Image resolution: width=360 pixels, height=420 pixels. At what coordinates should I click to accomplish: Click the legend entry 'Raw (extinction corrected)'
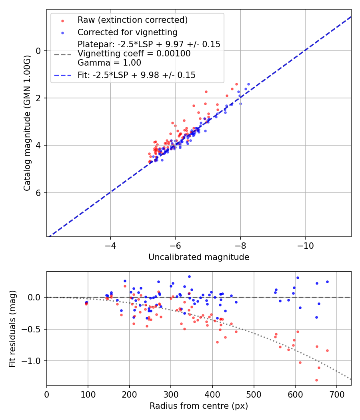[x=132, y=20]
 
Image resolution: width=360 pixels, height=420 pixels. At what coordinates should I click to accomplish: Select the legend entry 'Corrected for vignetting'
[x=127, y=32]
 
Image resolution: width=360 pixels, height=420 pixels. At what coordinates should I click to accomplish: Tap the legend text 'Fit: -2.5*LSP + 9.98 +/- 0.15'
[x=136, y=75]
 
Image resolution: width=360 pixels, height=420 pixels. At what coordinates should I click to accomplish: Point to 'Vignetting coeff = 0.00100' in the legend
[x=134, y=54]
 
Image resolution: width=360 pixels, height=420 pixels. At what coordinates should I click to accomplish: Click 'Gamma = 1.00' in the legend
[x=109, y=63]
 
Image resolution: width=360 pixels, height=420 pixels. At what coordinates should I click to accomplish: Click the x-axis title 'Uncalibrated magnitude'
[x=199, y=257]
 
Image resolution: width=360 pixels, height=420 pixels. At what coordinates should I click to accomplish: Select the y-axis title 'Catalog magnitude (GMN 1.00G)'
[x=27, y=123]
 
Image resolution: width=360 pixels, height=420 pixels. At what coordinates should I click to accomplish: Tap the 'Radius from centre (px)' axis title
[x=199, y=406]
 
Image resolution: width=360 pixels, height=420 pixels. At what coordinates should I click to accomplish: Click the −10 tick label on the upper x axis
[x=305, y=244]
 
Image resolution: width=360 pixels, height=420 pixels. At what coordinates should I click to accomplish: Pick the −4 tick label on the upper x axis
[x=110, y=244]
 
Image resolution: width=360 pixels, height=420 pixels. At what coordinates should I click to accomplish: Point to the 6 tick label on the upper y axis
[x=38, y=193]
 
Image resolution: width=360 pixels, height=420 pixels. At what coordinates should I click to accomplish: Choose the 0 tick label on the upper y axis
[x=38, y=51]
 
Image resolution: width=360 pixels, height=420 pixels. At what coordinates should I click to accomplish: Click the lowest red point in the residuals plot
[x=316, y=380]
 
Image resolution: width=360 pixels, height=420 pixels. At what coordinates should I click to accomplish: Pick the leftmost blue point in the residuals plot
[x=86, y=302]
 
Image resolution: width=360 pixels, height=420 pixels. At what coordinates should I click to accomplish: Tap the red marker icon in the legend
[x=62, y=20]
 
